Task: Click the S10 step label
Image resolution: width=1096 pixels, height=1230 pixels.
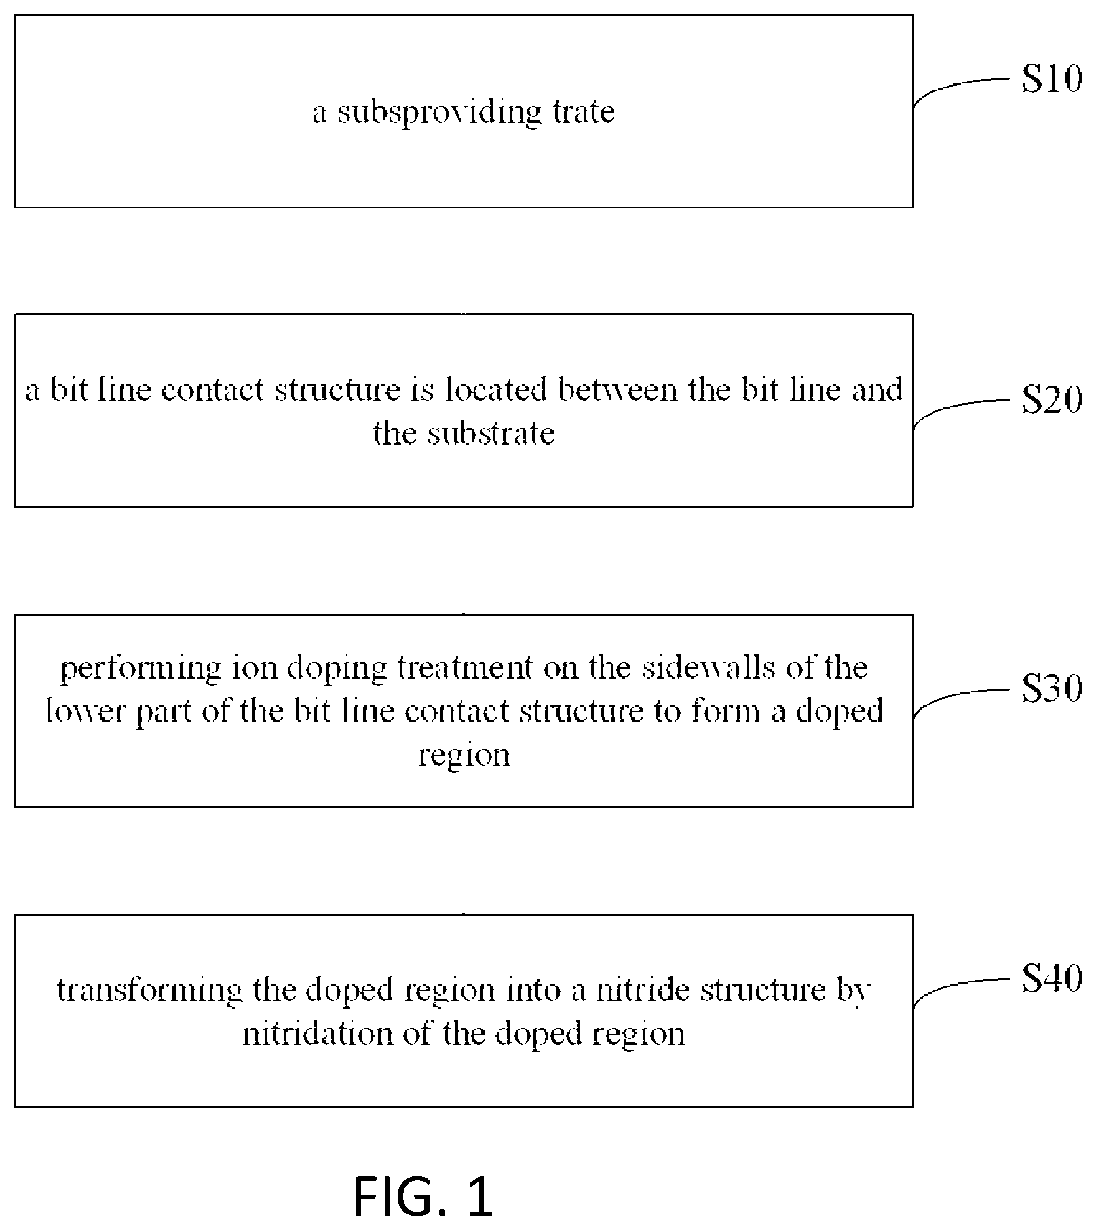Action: (1052, 79)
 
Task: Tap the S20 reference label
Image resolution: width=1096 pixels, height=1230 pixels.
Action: (1052, 400)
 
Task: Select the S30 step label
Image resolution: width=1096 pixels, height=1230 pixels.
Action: (1052, 689)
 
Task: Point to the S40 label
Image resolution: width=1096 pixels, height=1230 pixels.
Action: (1052, 979)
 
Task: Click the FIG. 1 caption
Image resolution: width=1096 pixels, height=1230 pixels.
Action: (423, 1196)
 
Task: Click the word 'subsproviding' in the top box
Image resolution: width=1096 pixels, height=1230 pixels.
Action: (440, 112)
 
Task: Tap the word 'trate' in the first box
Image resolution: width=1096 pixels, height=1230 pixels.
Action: (584, 111)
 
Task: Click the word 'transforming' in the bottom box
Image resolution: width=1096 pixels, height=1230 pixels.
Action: (149, 990)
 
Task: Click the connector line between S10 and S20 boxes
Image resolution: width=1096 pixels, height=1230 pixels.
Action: (464, 261)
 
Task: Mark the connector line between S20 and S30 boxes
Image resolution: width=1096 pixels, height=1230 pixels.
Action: (464, 561)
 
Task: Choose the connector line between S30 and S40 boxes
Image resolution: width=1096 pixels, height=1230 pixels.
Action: (464, 861)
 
